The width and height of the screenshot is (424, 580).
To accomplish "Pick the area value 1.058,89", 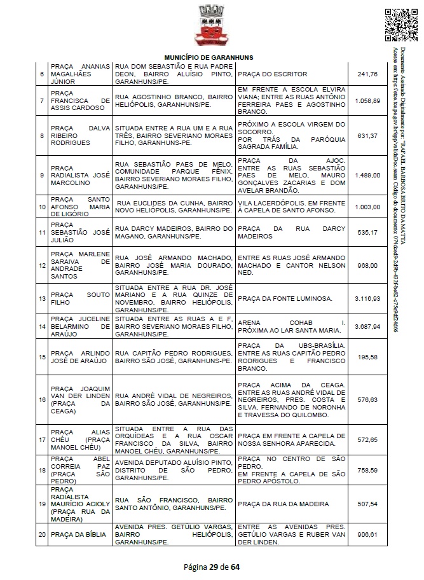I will point(368,100).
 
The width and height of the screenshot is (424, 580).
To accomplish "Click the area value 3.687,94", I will point(368,326).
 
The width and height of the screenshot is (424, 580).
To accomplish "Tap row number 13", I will point(41,298).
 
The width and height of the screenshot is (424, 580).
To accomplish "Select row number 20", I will point(41,535).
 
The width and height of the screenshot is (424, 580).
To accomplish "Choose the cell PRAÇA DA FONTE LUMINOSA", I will point(284,298).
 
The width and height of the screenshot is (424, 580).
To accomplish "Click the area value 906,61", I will point(368,535).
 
